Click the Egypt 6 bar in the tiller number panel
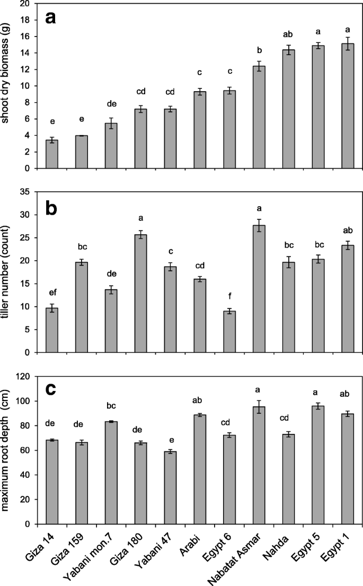pyautogui.click(x=229, y=332)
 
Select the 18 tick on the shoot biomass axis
pyautogui.click(x=25, y=20)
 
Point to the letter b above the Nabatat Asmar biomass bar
pyautogui.click(x=259, y=50)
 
